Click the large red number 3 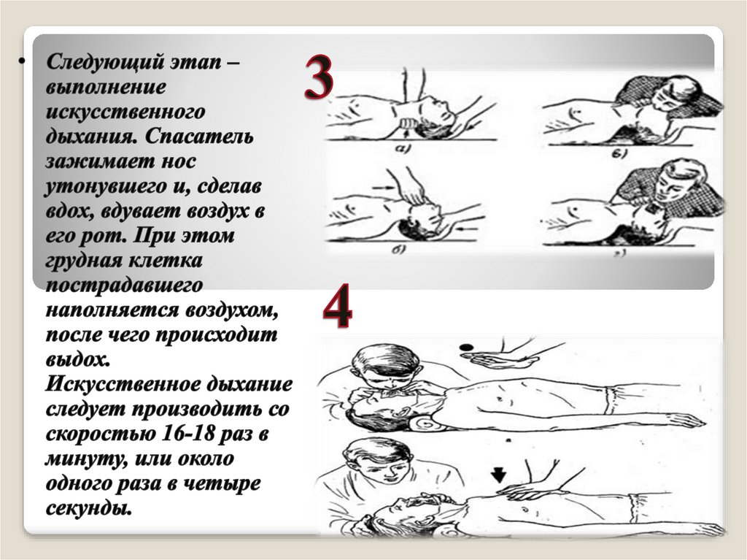click(x=318, y=77)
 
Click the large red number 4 click(x=337, y=305)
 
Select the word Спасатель click(x=199, y=137)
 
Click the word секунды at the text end click(x=88, y=508)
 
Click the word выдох click(x=77, y=360)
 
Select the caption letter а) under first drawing click(x=403, y=149)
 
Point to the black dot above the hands click(x=467, y=348)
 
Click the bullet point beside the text click(x=21, y=61)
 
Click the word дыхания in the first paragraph click(x=90, y=137)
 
